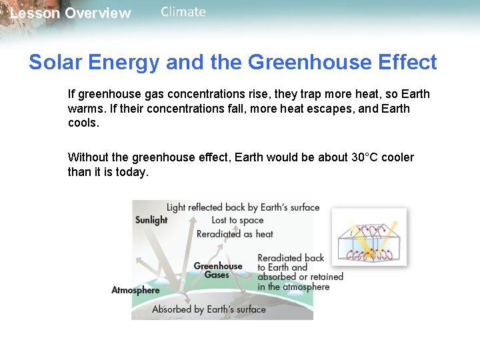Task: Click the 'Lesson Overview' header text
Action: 70,13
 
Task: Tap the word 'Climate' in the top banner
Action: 183,12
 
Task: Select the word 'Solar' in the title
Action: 54,63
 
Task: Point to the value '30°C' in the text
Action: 365,157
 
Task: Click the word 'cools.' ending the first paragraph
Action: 83,123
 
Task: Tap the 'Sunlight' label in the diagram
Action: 151,220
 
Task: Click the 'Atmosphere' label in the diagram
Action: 135,290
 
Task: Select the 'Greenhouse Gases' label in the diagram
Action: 217,271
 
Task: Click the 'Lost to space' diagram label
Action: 237,220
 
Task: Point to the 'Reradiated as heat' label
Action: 235,234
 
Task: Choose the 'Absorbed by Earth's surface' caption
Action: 209,309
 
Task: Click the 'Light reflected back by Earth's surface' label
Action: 243,207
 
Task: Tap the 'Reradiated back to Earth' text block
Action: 300,272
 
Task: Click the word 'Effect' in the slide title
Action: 407,63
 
